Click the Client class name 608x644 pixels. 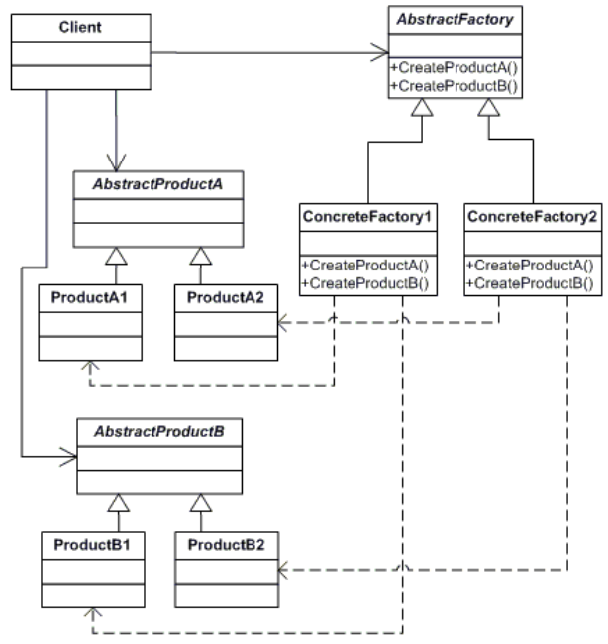(x=80, y=27)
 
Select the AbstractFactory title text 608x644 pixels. (x=455, y=19)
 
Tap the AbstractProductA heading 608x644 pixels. (x=158, y=184)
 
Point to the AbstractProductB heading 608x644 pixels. (x=159, y=432)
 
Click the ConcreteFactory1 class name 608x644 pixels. (x=367, y=216)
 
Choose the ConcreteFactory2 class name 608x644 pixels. (x=532, y=216)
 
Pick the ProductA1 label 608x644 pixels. (x=89, y=297)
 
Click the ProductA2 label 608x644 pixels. (x=226, y=297)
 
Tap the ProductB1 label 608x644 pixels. (x=92, y=545)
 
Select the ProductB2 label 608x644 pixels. (x=226, y=545)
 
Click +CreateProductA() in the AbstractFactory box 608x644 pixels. (x=455, y=67)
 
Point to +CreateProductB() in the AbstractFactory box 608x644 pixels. (x=455, y=86)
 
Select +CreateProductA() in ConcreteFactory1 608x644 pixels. (x=365, y=266)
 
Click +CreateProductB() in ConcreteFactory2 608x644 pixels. (x=530, y=283)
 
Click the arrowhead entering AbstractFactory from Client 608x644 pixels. (x=379, y=53)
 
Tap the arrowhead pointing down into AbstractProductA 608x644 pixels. (x=116, y=162)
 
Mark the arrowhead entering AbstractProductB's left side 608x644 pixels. (x=68, y=457)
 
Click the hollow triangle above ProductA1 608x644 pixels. (x=116, y=257)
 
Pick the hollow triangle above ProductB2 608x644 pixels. (x=201, y=503)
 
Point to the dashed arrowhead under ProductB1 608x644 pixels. (x=93, y=613)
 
